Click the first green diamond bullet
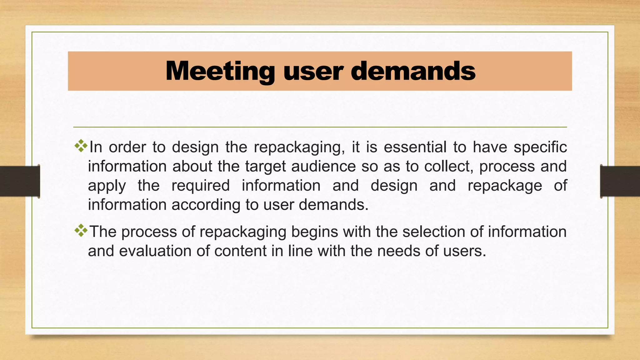81,146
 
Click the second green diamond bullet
81,230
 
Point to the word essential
415,147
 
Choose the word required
201,186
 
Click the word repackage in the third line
505,186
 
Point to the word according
206,205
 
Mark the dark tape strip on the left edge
20,181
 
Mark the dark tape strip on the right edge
620,181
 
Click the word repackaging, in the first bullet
299,147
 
